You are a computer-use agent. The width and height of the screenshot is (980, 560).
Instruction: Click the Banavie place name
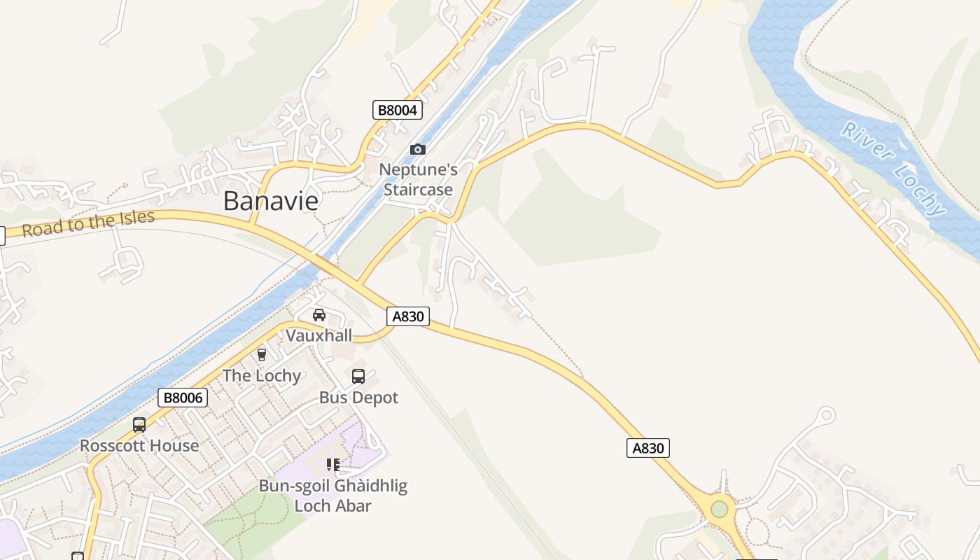(x=271, y=201)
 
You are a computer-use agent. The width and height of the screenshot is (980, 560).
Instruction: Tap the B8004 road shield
(x=397, y=110)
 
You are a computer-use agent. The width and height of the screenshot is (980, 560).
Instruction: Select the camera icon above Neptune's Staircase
(x=418, y=149)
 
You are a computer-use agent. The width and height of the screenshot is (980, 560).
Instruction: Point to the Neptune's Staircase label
(x=419, y=179)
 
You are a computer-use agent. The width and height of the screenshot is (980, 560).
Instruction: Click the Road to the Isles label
(x=88, y=223)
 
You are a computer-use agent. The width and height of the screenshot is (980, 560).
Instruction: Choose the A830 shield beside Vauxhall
(x=408, y=316)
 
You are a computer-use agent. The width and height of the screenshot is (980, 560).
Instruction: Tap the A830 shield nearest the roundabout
(x=647, y=448)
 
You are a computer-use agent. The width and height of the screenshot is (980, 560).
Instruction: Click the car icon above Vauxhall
(x=319, y=315)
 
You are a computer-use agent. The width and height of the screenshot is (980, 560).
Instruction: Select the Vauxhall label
(x=319, y=335)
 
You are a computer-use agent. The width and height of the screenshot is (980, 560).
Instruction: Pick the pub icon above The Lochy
(x=262, y=355)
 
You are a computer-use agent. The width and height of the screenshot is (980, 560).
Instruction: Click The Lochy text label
(x=262, y=376)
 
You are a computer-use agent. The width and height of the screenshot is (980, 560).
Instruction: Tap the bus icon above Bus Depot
(x=358, y=377)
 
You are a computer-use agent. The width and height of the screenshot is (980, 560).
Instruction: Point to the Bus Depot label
(x=358, y=398)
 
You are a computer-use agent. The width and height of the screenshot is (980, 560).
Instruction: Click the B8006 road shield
(x=183, y=398)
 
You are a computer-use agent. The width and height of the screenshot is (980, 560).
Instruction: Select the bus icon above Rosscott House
(x=139, y=425)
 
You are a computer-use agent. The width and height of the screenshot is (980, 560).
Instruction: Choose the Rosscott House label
(x=139, y=446)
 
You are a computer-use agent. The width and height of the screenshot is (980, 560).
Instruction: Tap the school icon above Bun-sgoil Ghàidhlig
(x=333, y=465)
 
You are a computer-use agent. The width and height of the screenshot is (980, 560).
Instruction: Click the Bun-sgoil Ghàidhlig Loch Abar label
(x=333, y=496)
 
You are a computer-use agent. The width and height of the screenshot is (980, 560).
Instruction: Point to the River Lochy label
(x=894, y=168)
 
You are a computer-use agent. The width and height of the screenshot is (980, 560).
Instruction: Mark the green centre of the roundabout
(x=719, y=509)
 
